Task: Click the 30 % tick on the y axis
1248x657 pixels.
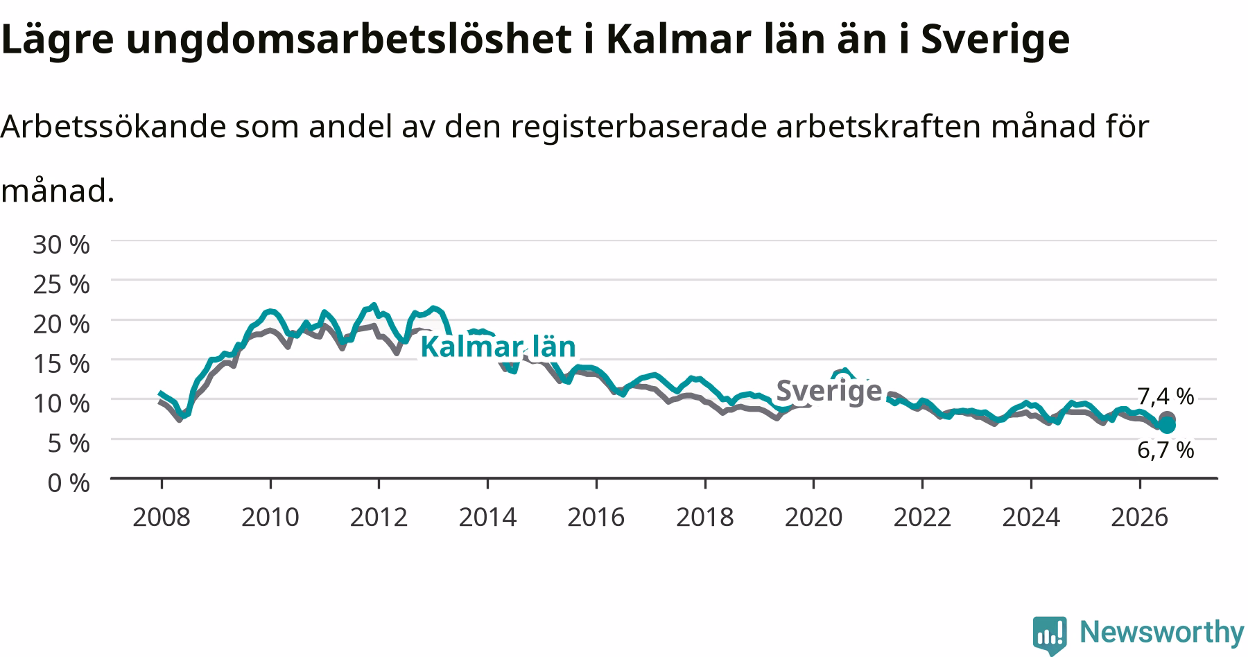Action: (x=61, y=244)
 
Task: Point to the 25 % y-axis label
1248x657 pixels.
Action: (x=61, y=283)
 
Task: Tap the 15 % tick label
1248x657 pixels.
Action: (x=61, y=363)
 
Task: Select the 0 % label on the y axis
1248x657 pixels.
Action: (x=69, y=482)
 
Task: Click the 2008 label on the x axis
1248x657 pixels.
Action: (x=161, y=517)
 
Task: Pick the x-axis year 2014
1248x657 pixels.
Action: (x=487, y=517)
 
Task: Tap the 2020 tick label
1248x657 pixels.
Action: (x=813, y=517)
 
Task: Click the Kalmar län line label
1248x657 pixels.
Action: (x=498, y=347)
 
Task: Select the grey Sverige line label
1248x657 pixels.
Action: (x=829, y=391)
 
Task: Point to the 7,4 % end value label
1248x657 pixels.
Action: (x=1165, y=396)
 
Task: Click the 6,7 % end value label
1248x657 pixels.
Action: (x=1165, y=450)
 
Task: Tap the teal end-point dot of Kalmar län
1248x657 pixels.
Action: (x=1167, y=426)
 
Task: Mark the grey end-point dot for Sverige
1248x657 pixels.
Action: (x=1167, y=419)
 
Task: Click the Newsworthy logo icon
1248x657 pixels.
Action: (x=1050, y=634)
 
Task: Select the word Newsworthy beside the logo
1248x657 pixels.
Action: (x=1162, y=632)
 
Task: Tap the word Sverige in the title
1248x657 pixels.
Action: (x=995, y=40)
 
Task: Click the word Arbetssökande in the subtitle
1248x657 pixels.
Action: (x=114, y=126)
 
